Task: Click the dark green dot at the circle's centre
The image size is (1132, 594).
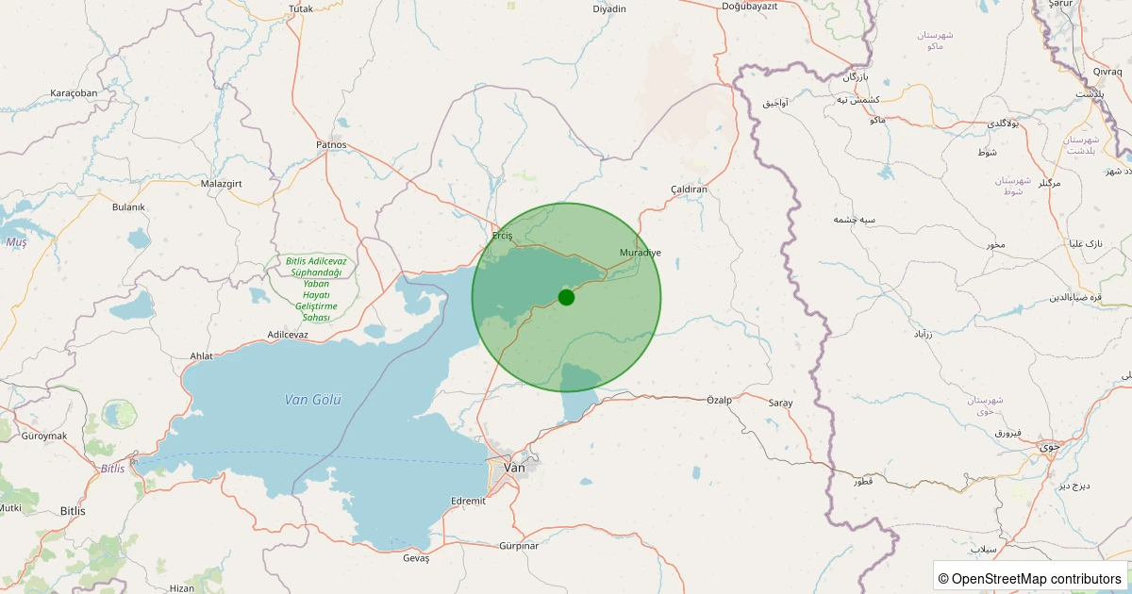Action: pos(566,297)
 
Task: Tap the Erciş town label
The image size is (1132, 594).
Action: pos(502,236)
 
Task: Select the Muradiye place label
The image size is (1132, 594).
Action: pos(641,253)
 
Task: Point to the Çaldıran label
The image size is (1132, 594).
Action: pos(688,190)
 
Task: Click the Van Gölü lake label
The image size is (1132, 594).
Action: pos(312,400)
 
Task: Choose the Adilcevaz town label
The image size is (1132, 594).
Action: pos(288,335)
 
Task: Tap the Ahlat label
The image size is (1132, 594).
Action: pos(202,355)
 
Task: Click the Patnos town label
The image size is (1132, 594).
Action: pos(331,145)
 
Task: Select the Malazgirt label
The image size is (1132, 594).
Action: pos(223,183)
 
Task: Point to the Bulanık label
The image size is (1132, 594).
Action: pos(128,206)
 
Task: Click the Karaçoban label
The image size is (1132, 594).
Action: pos(74,93)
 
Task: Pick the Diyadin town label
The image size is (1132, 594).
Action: pos(609,8)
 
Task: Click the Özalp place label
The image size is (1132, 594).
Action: pos(719,401)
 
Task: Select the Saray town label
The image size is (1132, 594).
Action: pos(780,403)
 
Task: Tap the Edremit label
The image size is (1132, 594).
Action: pos(469,501)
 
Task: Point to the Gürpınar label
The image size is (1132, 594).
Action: pos(518,546)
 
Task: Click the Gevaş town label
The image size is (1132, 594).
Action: pos(416,558)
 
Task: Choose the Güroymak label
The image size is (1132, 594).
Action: pos(44,436)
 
